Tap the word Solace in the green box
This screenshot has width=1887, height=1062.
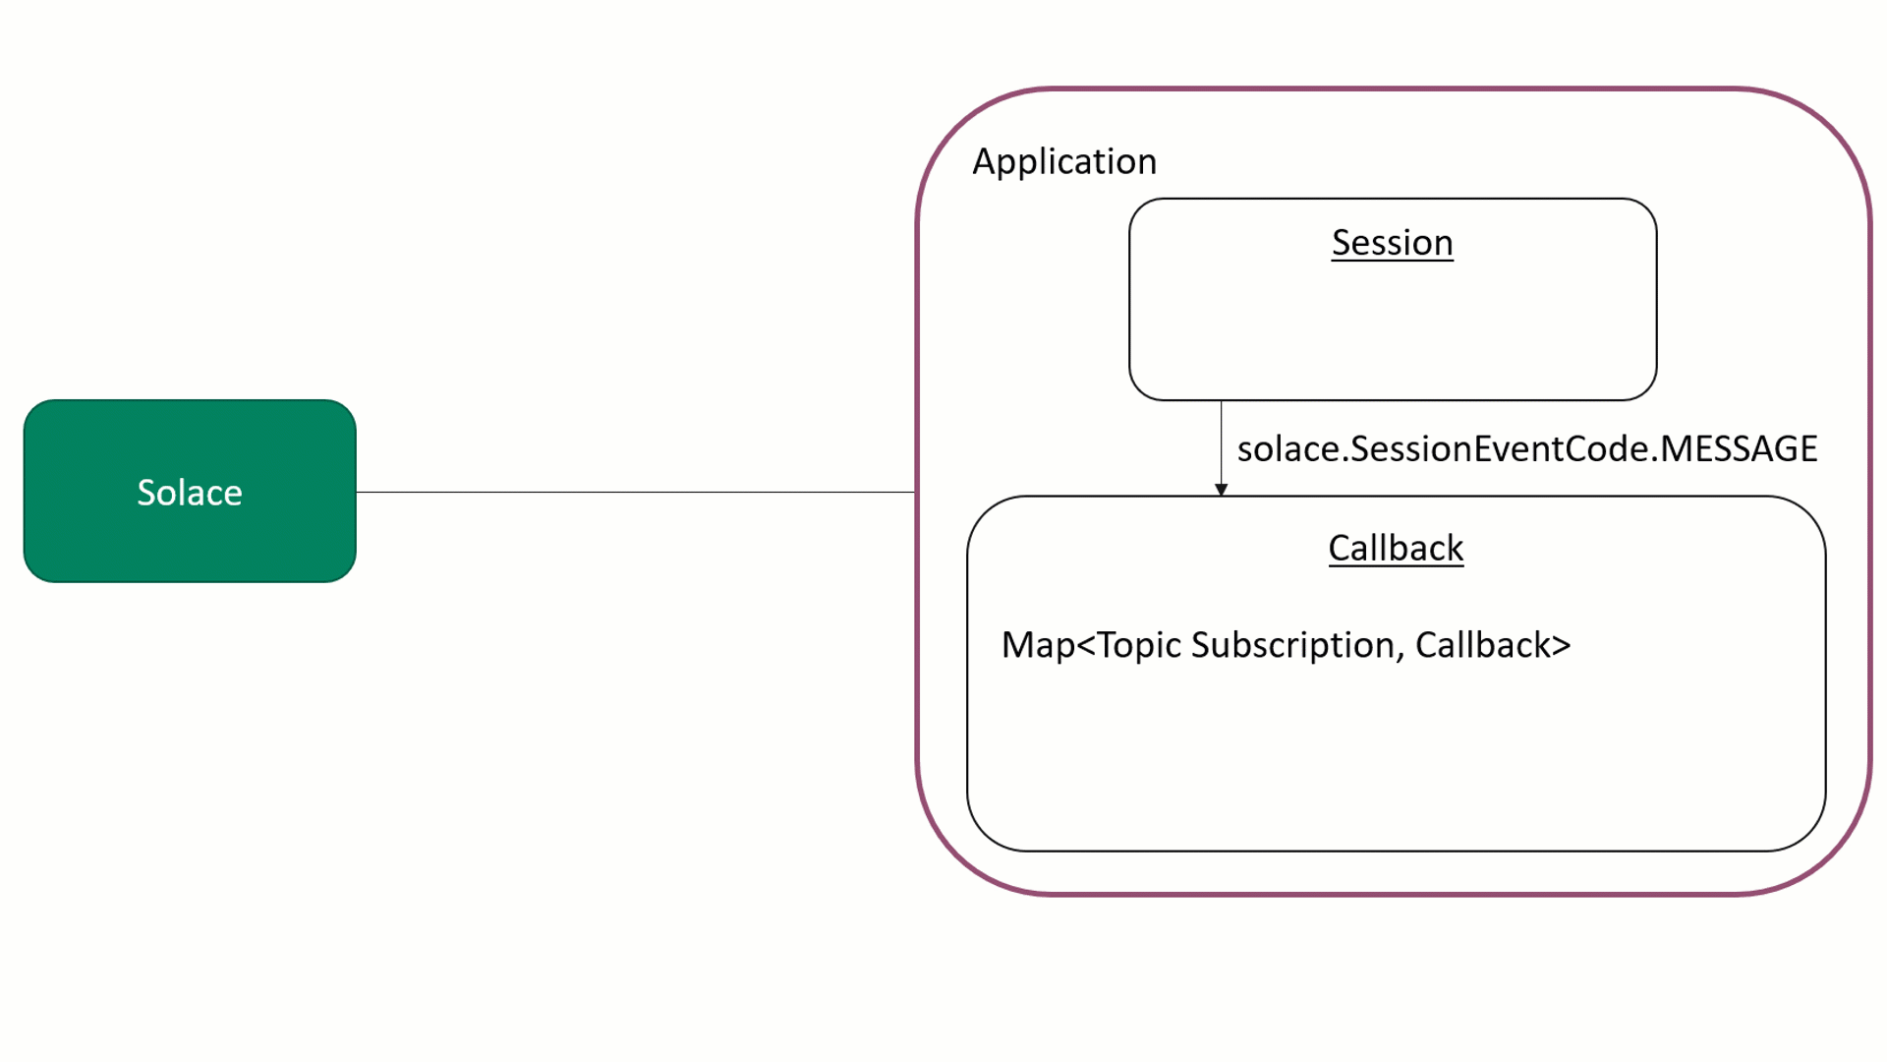(189, 493)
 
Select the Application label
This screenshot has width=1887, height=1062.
(1064, 161)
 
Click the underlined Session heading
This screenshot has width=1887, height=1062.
(1392, 243)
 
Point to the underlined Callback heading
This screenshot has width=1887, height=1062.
(1396, 548)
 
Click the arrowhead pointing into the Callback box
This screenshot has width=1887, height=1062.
(1221, 490)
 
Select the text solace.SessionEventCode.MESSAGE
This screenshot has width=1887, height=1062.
(1526, 449)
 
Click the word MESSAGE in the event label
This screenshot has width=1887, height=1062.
(1739, 449)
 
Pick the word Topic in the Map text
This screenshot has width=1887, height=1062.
(1139, 646)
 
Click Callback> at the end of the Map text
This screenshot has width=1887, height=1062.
(1492, 646)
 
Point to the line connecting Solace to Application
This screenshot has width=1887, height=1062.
(635, 492)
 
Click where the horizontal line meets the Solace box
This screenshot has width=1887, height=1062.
(356, 492)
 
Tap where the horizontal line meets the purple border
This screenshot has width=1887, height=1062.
(917, 492)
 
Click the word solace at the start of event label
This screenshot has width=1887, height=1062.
(1288, 449)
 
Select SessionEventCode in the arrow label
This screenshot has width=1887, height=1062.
(1500, 449)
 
